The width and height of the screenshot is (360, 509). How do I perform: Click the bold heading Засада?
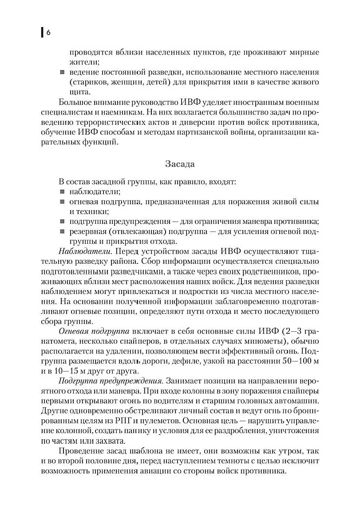(180, 163)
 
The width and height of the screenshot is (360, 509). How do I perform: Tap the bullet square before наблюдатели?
(62, 192)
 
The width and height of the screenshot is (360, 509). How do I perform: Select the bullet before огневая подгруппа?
(62, 202)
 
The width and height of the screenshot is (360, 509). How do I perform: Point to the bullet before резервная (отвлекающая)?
(62, 232)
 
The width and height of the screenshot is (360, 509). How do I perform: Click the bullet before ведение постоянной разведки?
(62, 72)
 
